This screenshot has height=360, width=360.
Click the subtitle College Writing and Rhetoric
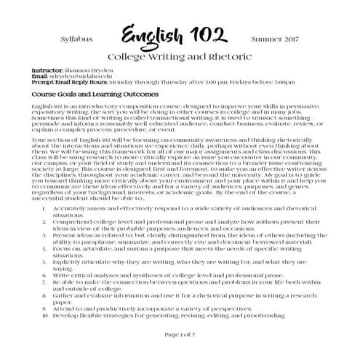tap(180, 55)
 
